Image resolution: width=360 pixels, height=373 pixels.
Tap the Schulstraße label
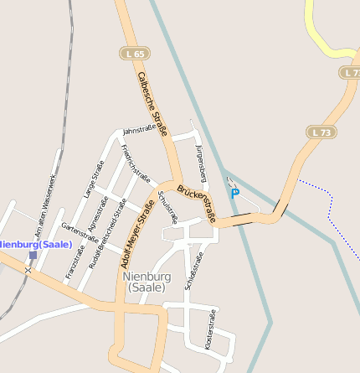pyautogui.click(x=167, y=207)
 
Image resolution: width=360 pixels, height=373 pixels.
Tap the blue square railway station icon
pyautogui.click(x=33, y=254)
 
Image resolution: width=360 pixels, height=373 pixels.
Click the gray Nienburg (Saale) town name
pyautogui.click(x=147, y=281)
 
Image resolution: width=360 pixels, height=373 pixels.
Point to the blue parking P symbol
pyautogui.click(x=234, y=193)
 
